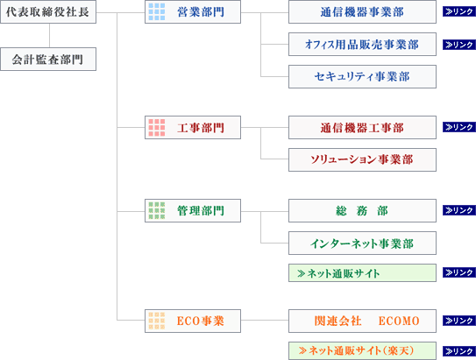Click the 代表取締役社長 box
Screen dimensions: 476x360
pos(48,12)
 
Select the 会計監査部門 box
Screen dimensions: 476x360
pos(48,60)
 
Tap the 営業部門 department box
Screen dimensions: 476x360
pos(193,12)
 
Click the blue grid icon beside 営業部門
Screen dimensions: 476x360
pos(157,12)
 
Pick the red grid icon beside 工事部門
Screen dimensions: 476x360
pos(157,127)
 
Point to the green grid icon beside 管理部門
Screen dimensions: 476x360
pos(157,210)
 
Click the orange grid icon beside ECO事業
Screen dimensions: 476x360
pos(157,321)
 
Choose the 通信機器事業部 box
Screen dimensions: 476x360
pos(362,12)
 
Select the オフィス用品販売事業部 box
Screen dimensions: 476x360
pos(362,45)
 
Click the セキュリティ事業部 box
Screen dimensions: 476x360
pos(362,76)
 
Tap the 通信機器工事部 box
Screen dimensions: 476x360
pos(362,127)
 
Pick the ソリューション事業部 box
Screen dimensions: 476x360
pos(362,159)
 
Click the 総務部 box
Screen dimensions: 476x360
pos(362,210)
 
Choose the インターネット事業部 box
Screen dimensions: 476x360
pos(362,243)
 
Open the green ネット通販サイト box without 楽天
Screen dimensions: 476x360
pos(362,273)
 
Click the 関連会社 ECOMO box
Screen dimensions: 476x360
pos(362,321)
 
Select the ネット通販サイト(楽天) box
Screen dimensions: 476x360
pos(362,351)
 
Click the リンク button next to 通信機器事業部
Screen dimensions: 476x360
pos(459,11)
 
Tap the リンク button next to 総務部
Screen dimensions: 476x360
pos(459,210)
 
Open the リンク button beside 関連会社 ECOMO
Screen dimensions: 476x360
pos(459,321)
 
